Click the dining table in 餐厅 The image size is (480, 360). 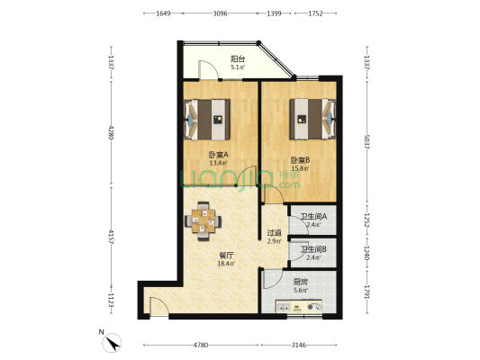pyautogui.click(x=203, y=220)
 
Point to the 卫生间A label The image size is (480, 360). pyautogui.click(x=313, y=217)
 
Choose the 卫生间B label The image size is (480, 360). pyautogui.click(x=313, y=250)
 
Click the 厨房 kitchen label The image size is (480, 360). pyautogui.click(x=300, y=282)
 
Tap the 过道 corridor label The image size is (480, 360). pyautogui.click(x=274, y=233)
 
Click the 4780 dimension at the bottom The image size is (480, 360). pyautogui.click(x=203, y=345)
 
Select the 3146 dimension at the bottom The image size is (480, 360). pyautogui.click(x=299, y=345)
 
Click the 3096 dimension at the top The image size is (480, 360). pyautogui.click(x=221, y=14)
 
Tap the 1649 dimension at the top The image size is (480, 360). pyautogui.click(x=163, y=14)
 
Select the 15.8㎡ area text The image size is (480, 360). pyautogui.click(x=300, y=168)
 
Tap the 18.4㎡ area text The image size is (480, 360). pyautogui.click(x=225, y=264)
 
